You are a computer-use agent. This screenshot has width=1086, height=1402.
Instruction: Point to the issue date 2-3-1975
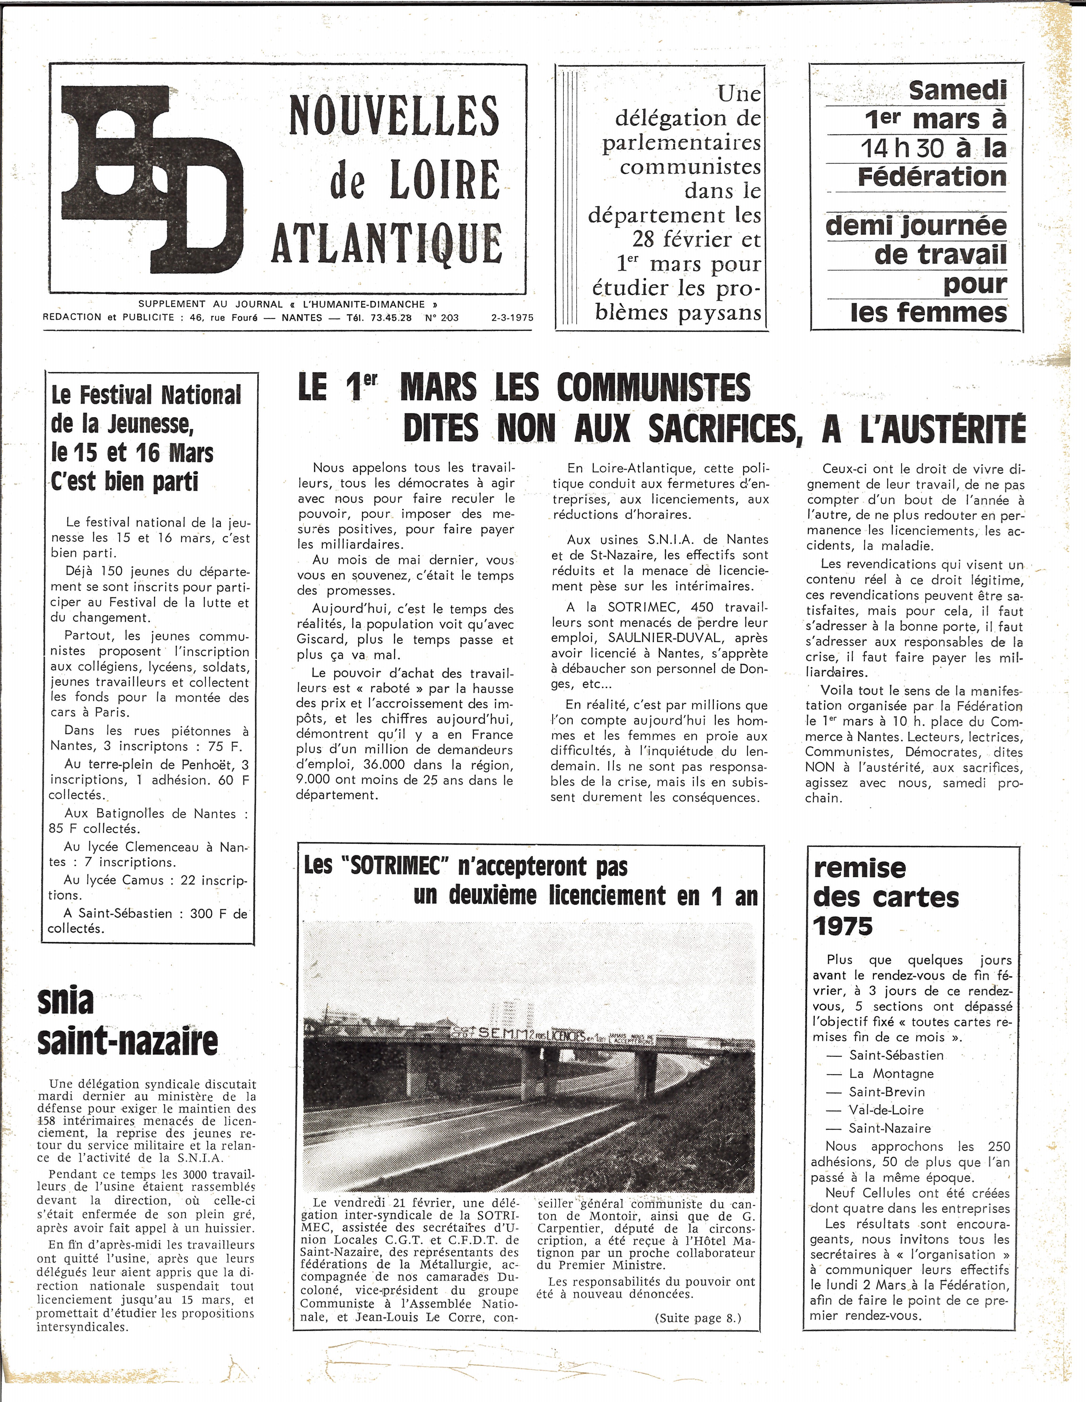pyautogui.click(x=512, y=317)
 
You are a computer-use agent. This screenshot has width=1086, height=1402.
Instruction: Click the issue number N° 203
pyautogui.click(x=442, y=317)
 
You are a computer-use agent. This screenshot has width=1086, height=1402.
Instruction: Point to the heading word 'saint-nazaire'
pyautogui.click(x=128, y=1041)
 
